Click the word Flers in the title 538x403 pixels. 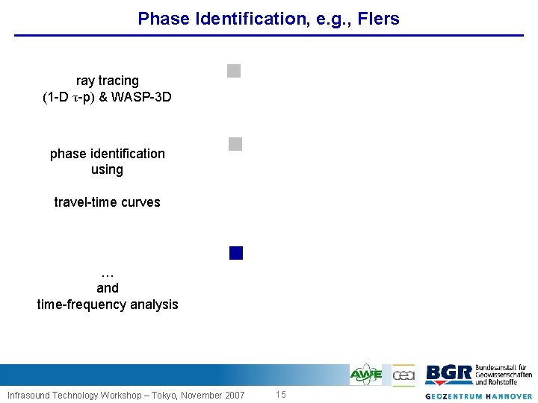[x=380, y=19]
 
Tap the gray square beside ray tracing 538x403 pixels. [x=234, y=72]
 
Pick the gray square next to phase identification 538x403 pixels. [x=235, y=145]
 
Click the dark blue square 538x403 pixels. [x=236, y=253]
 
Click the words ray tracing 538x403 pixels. [x=108, y=80]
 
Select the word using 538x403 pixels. [x=107, y=169]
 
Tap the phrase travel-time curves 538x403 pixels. [x=107, y=202]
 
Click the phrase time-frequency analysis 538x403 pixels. [x=108, y=304]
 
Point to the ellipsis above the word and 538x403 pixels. [x=107, y=272]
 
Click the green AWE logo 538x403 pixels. [x=366, y=374]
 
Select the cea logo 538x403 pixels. [x=403, y=374]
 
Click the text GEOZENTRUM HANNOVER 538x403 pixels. [x=479, y=396]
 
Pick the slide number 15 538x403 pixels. [x=281, y=395]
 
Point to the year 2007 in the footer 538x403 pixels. [x=233, y=395]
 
